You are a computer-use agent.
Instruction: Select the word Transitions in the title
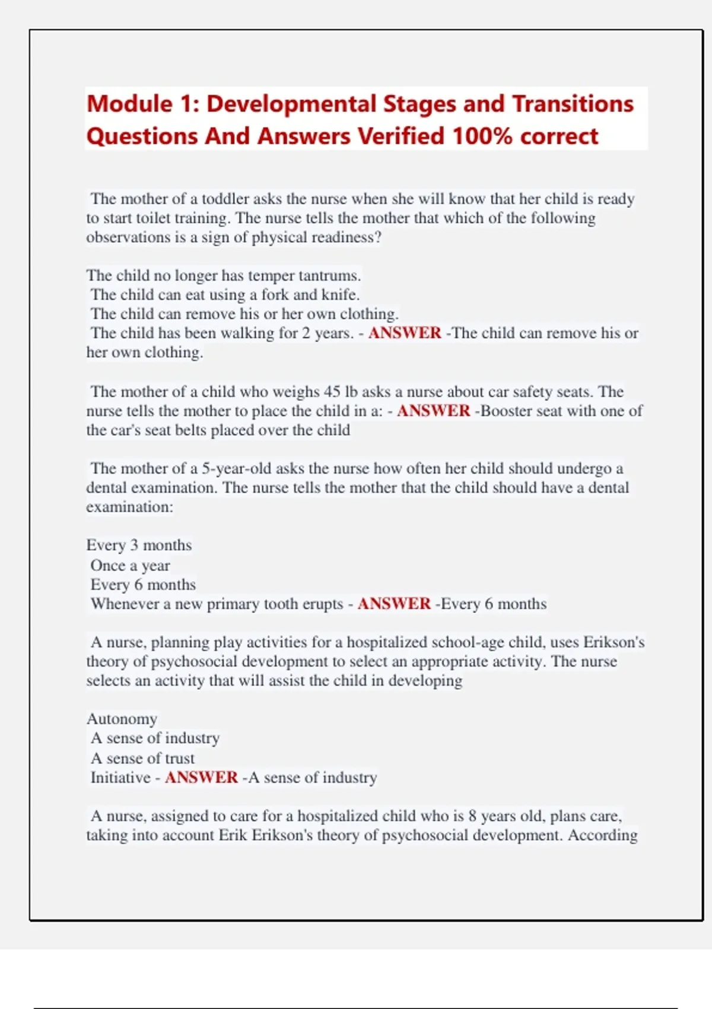pyautogui.click(x=573, y=104)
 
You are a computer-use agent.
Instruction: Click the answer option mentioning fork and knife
pyautogui.click(x=225, y=295)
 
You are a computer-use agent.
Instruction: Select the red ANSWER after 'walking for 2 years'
pyautogui.click(x=405, y=333)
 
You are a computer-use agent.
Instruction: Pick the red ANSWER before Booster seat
pyautogui.click(x=433, y=411)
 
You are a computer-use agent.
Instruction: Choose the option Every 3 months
pyautogui.click(x=139, y=545)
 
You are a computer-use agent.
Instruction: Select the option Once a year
pyautogui.click(x=130, y=566)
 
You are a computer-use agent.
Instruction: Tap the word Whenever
pyautogui.click(x=125, y=604)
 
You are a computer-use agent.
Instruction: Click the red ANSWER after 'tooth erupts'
pyautogui.click(x=394, y=604)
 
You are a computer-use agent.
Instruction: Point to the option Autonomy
pyautogui.click(x=122, y=719)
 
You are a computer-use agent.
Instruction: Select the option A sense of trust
pyautogui.click(x=142, y=759)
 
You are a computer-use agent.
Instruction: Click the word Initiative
pyautogui.click(x=120, y=778)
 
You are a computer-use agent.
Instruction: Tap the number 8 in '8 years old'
pyautogui.click(x=472, y=816)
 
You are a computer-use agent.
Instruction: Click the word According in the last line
pyautogui.click(x=602, y=835)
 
